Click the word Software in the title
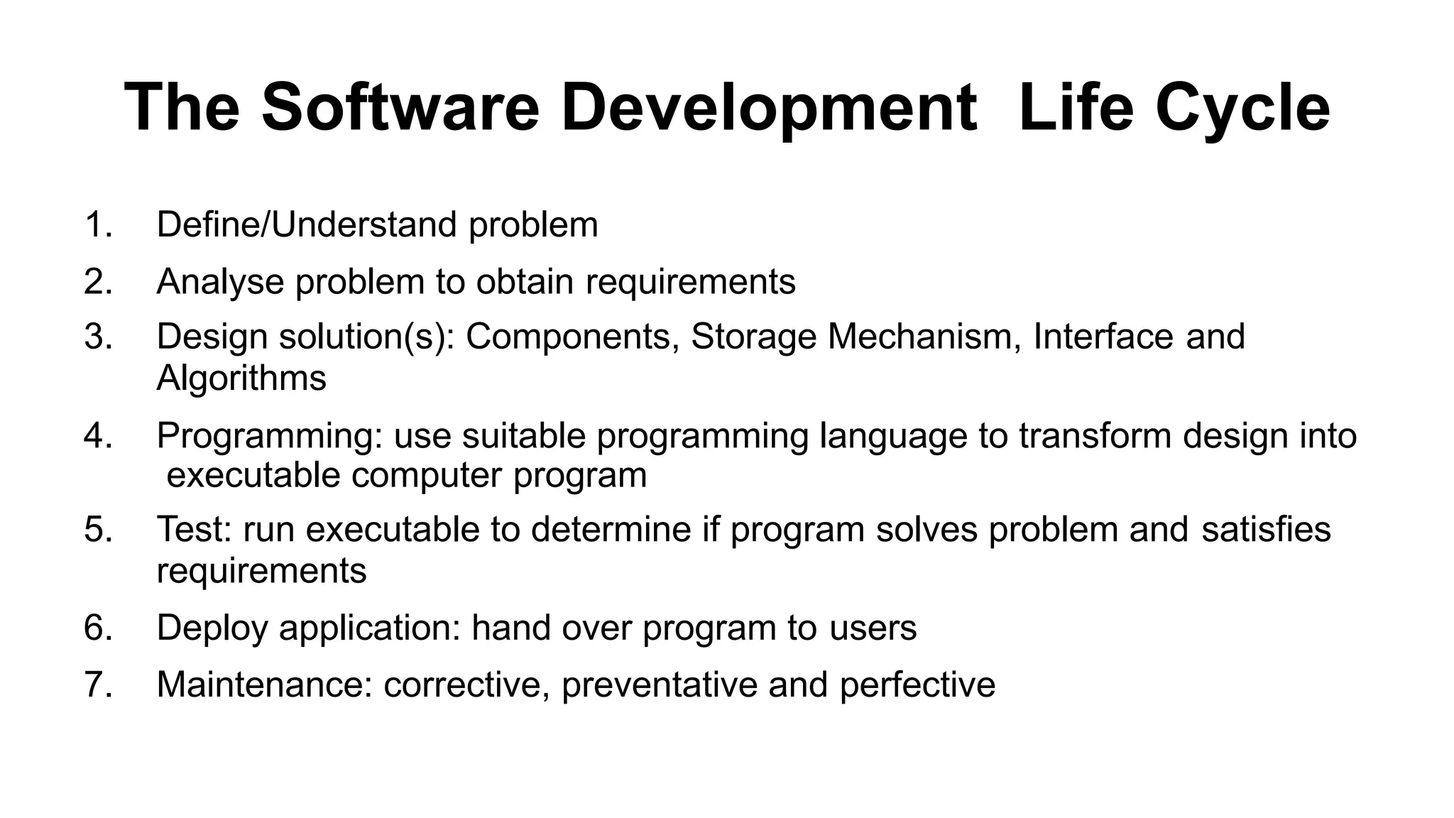coord(400,108)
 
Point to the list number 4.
coord(97,435)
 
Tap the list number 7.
coord(97,685)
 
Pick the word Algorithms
coord(241,378)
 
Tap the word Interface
coord(1103,337)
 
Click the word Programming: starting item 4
coord(269,436)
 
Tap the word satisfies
coord(1266,530)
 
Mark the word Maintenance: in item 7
coord(264,685)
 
